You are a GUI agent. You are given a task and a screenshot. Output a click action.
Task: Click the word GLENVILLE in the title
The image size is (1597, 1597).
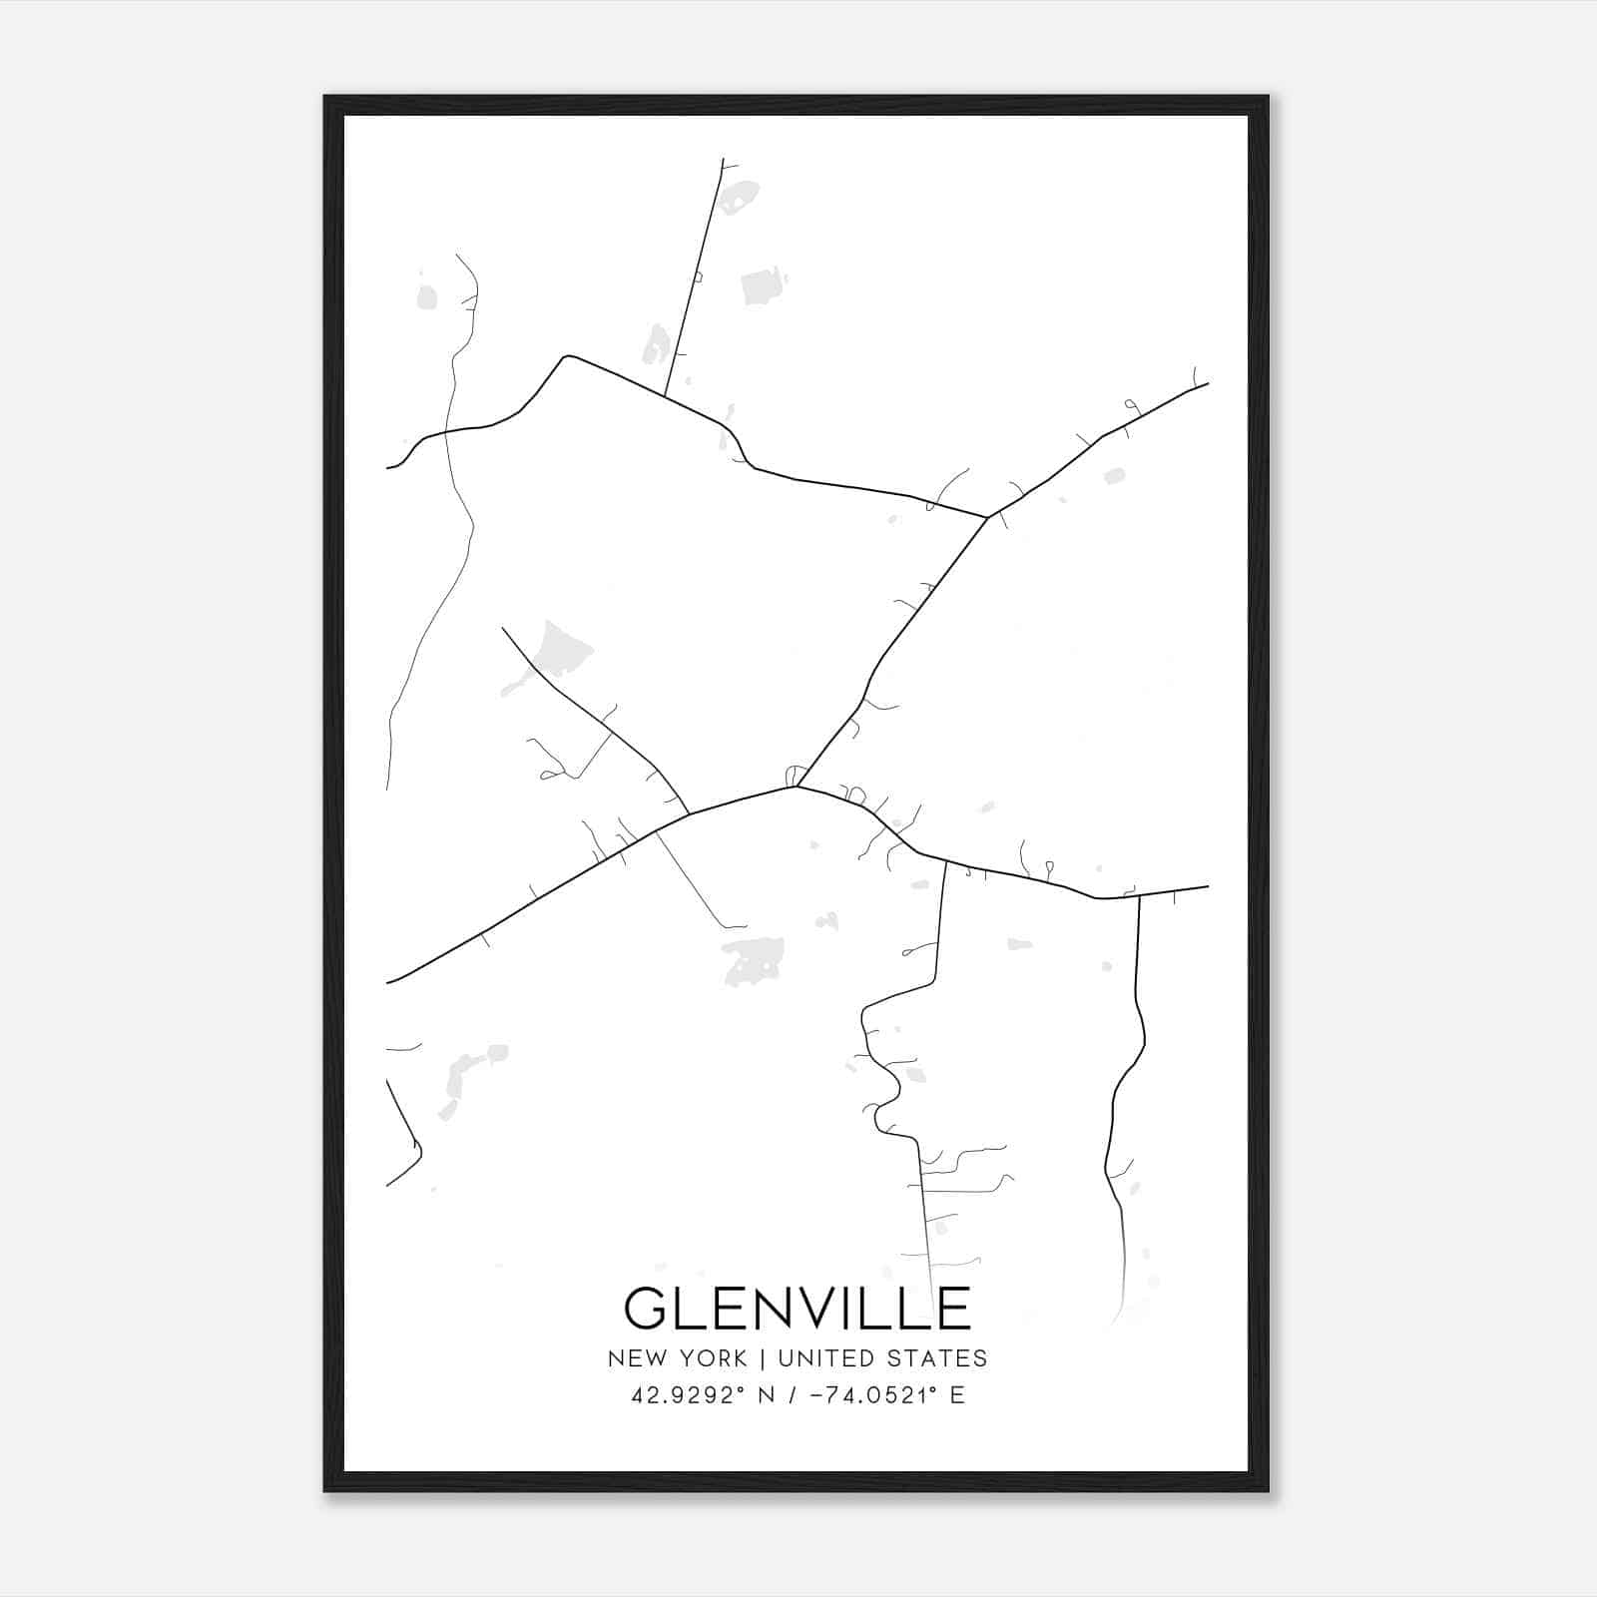click(798, 1308)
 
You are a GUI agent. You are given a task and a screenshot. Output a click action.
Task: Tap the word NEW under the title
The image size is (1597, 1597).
click(640, 1358)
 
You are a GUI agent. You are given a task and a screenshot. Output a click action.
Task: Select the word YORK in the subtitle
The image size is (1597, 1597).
click(714, 1358)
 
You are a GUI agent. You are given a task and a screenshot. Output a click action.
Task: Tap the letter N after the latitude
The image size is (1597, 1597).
click(768, 1395)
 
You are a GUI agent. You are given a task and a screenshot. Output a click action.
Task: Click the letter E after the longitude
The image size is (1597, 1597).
click(957, 1395)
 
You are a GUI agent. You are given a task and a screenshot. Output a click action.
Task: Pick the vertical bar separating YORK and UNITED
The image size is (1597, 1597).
click(763, 1358)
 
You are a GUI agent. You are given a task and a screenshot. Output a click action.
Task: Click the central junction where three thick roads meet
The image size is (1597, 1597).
click(797, 787)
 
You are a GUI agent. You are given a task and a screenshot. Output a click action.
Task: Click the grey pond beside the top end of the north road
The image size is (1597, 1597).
click(739, 198)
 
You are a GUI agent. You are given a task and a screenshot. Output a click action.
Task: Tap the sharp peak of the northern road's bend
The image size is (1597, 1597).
click(567, 356)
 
